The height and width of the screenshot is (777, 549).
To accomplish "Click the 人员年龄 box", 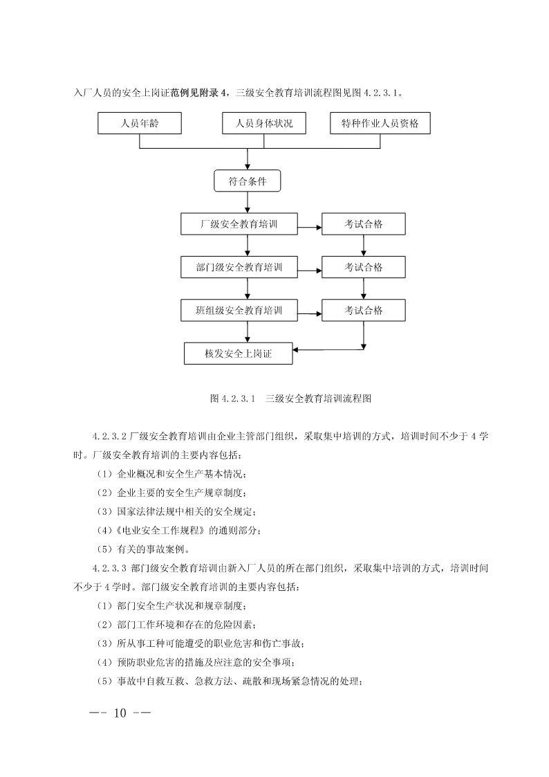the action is pyautogui.click(x=140, y=123).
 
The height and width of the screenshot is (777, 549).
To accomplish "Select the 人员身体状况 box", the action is pyautogui.click(x=264, y=123).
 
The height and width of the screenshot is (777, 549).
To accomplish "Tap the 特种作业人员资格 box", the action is pyautogui.click(x=380, y=123).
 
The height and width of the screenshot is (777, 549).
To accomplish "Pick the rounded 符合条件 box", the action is pyautogui.click(x=247, y=181).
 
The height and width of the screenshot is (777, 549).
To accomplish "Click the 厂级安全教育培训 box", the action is pyautogui.click(x=239, y=224).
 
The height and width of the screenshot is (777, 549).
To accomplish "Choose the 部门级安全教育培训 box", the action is pyautogui.click(x=239, y=267).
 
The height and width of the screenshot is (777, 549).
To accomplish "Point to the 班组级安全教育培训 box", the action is pyautogui.click(x=239, y=310).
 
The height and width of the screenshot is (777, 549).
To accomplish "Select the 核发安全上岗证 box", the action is pyautogui.click(x=238, y=354).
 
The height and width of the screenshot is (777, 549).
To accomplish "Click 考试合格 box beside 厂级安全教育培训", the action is pyautogui.click(x=364, y=224).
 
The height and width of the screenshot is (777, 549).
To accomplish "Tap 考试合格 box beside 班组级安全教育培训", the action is pyautogui.click(x=364, y=310).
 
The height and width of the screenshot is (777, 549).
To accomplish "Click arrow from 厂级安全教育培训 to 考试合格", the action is pyautogui.click(x=310, y=228).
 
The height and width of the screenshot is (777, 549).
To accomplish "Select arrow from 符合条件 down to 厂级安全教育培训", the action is pyautogui.click(x=247, y=203).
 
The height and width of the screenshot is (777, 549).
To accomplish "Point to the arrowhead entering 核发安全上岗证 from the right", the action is pyautogui.click(x=295, y=350).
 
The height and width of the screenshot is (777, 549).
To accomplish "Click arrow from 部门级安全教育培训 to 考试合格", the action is pyautogui.click(x=310, y=271).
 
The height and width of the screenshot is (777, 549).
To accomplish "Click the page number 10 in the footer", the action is pyautogui.click(x=120, y=713).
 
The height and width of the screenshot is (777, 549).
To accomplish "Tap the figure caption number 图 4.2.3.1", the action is pyautogui.click(x=232, y=399).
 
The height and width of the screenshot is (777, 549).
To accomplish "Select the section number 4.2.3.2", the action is pyautogui.click(x=109, y=437).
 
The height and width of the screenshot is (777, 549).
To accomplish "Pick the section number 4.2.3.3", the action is pyautogui.click(x=109, y=568).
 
